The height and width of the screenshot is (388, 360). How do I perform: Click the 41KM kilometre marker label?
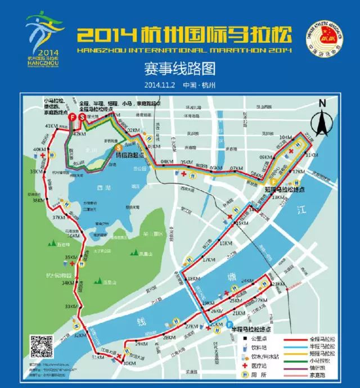pyautogui.click(x=53, y=125)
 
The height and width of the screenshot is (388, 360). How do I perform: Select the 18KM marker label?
pyautogui.click(x=194, y=279)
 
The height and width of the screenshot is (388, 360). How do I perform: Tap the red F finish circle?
pyautogui.click(x=73, y=117)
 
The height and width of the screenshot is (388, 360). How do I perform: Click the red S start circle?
pyautogui.click(x=82, y=117)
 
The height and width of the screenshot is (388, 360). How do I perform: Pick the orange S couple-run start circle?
pyautogui.click(x=119, y=148)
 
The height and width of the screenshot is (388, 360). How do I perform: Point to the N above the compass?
pyautogui.click(x=322, y=103)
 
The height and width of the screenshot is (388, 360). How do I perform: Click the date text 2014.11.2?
pyautogui.click(x=159, y=85)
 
